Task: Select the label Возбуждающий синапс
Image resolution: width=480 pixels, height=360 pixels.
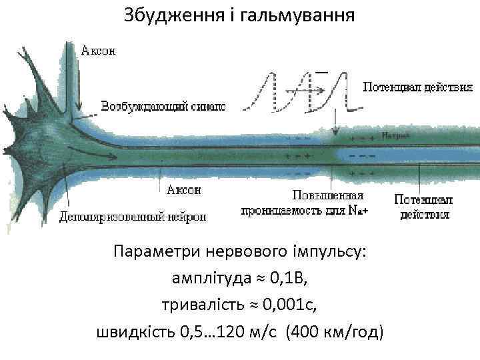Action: [163, 106]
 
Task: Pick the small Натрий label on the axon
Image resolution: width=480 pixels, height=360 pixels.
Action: [397, 135]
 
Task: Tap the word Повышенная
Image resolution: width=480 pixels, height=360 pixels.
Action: [328, 195]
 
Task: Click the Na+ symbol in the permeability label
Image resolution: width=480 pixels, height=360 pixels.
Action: [359, 209]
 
